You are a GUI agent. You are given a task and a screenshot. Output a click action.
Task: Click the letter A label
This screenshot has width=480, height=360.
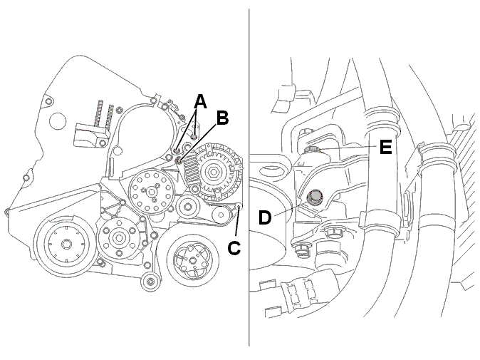[201, 102]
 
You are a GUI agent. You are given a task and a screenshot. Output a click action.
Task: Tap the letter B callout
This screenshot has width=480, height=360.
[222, 118]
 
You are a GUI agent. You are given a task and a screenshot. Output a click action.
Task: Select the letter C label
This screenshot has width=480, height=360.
[234, 247]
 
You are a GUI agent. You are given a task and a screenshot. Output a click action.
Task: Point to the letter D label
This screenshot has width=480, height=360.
[265, 217]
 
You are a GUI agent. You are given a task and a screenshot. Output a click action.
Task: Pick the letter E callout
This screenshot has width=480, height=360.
[386, 147]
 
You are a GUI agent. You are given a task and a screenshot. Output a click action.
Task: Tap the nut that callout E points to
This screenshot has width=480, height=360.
[312, 150]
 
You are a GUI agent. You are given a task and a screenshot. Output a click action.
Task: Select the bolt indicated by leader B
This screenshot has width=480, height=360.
[179, 160]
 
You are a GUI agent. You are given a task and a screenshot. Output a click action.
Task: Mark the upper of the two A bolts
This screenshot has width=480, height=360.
[194, 136]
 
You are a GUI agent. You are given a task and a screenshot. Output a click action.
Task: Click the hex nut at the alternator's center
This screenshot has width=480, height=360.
[212, 173]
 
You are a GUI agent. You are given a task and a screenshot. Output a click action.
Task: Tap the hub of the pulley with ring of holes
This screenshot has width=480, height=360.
[151, 192]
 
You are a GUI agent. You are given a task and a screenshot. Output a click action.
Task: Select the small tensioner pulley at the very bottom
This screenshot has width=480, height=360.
[150, 282]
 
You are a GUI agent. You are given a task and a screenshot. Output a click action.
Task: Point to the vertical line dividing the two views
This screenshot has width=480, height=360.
[249, 177]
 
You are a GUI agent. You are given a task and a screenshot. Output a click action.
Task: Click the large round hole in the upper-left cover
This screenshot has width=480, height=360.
[58, 120]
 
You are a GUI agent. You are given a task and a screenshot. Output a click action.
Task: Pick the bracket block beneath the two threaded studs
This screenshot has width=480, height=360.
[91, 135]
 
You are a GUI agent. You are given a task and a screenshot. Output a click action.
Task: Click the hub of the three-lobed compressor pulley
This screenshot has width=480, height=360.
[192, 260]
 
